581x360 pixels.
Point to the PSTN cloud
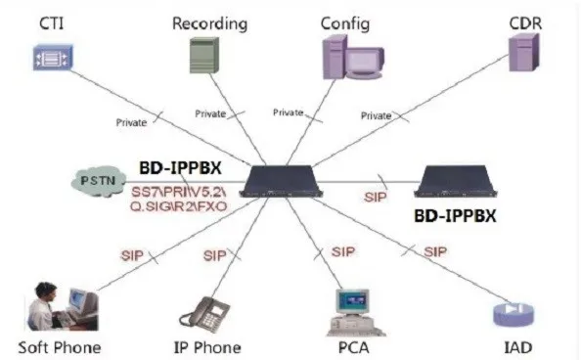[100, 180]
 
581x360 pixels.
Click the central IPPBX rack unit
[285, 179]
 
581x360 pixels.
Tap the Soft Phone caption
[59, 346]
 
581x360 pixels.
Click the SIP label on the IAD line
[436, 251]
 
